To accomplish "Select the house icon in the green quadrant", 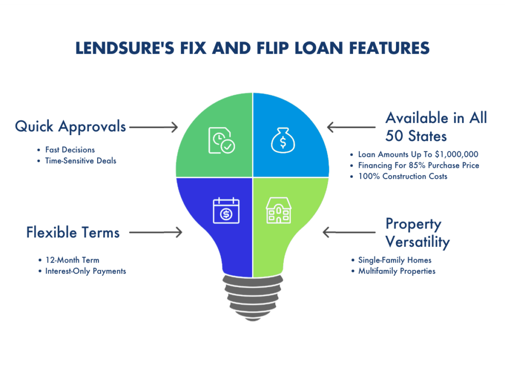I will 279,212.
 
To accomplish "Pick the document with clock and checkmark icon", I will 220,140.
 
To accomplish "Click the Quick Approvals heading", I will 71,127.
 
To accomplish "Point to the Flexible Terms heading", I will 73,232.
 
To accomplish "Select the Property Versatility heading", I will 417,233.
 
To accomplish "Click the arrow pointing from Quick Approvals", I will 153,127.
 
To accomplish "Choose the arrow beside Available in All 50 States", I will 352,128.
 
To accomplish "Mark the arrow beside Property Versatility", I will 348,231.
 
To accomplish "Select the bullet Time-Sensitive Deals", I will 80,160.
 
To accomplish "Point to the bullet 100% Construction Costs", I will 402,176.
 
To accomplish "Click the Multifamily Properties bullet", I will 397,271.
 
